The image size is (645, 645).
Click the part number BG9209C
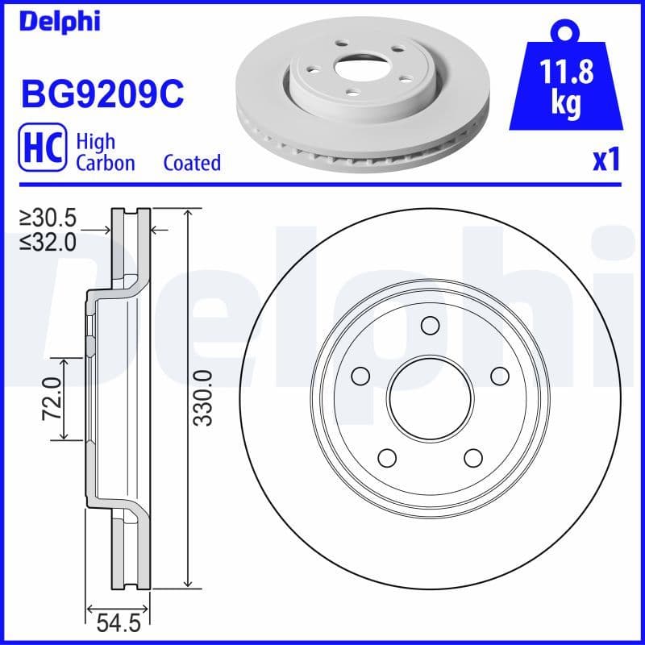(102, 94)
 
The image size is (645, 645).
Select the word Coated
(192, 163)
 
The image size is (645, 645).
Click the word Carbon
(105, 163)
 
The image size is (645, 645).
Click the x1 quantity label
(606, 160)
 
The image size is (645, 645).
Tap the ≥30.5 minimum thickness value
(48, 218)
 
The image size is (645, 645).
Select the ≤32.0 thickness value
(48, 241)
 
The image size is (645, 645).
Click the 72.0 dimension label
(52, 398)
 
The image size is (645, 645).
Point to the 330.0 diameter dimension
(204, 397)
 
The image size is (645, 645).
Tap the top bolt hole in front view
(430, 325)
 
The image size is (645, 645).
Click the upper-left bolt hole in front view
(360, 375)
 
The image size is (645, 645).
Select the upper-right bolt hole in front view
(499, 375)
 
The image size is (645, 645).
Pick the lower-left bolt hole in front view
(387, 457)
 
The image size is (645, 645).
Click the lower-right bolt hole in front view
(473, 457)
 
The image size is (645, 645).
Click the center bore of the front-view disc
(430, 397)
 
